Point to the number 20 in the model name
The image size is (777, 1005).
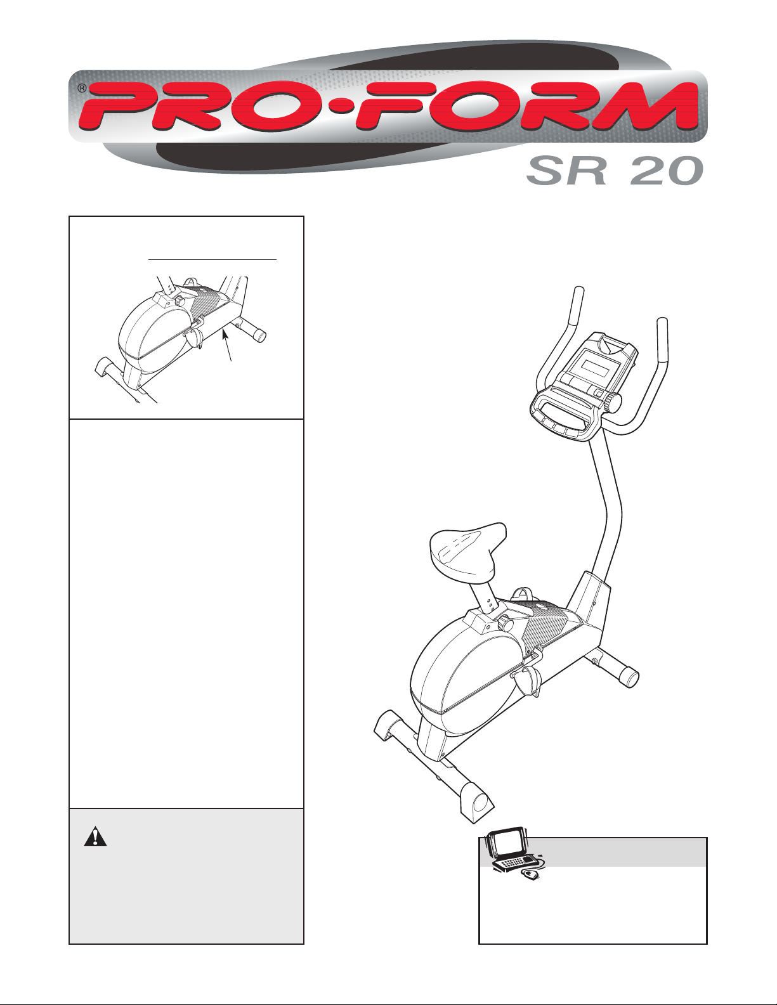pyautogui.click(x=663, y=171)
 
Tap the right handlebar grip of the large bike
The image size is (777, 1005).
pyautogui.click(x=663, y=339)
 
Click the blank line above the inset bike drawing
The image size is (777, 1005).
pyautogui.click(x=212, y=260)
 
